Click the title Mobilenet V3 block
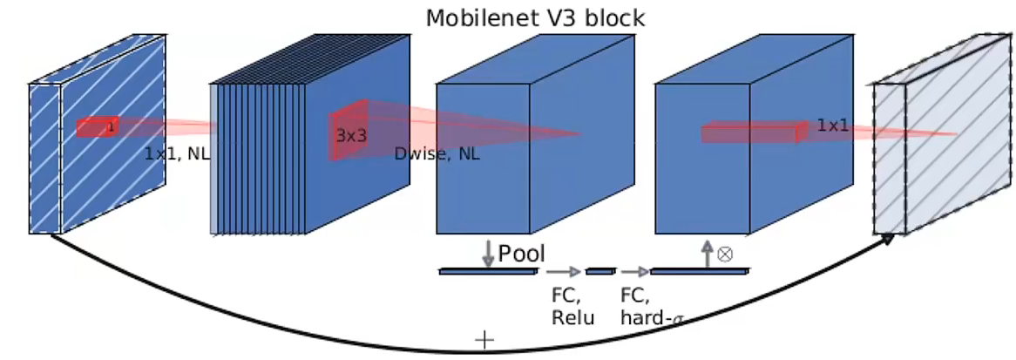point(535,18)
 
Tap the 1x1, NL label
point(177,154)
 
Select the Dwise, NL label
point(437,154)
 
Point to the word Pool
point(521,254)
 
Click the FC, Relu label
point(572,306)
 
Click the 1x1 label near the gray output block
point(832,126)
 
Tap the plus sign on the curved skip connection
point(484,339)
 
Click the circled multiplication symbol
point(724,255)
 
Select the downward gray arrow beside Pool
point(488,255)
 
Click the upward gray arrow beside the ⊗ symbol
point(707,254)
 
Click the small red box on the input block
point(96,127)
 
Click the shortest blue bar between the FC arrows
point(600,271)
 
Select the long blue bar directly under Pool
point(488,271)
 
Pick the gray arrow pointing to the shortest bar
point(563,271)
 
